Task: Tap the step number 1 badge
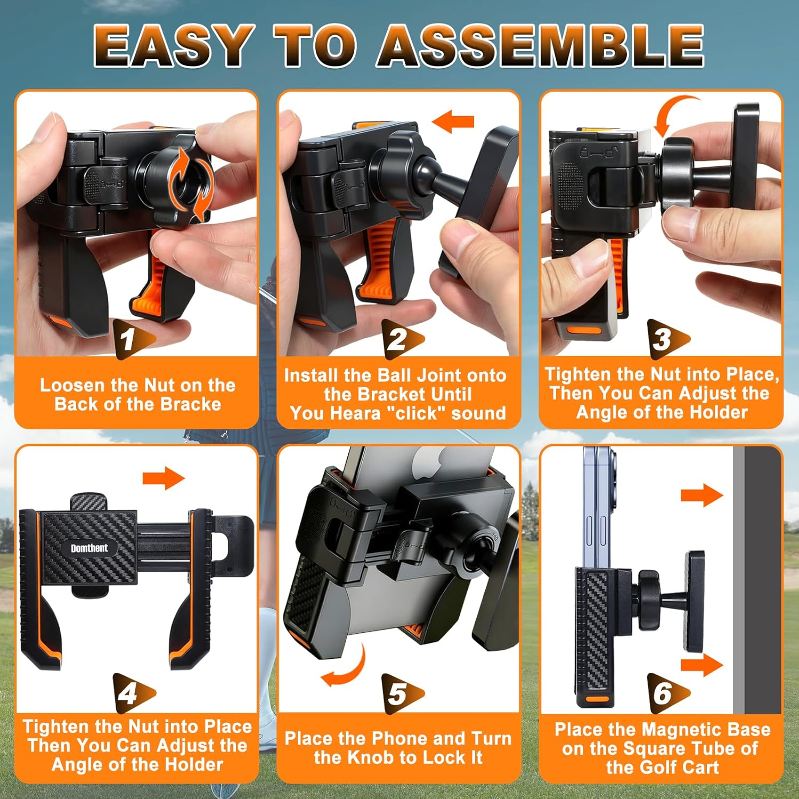tap(131, 339)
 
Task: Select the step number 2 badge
tap(399, 339)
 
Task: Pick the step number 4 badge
tap(131, 693)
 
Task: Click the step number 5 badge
tap(399, 693)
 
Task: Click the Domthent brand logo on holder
tap(89, 548)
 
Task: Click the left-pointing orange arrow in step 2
tap(453, 121)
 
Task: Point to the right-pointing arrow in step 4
tap(164, 478)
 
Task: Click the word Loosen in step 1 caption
tap(72, 385)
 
